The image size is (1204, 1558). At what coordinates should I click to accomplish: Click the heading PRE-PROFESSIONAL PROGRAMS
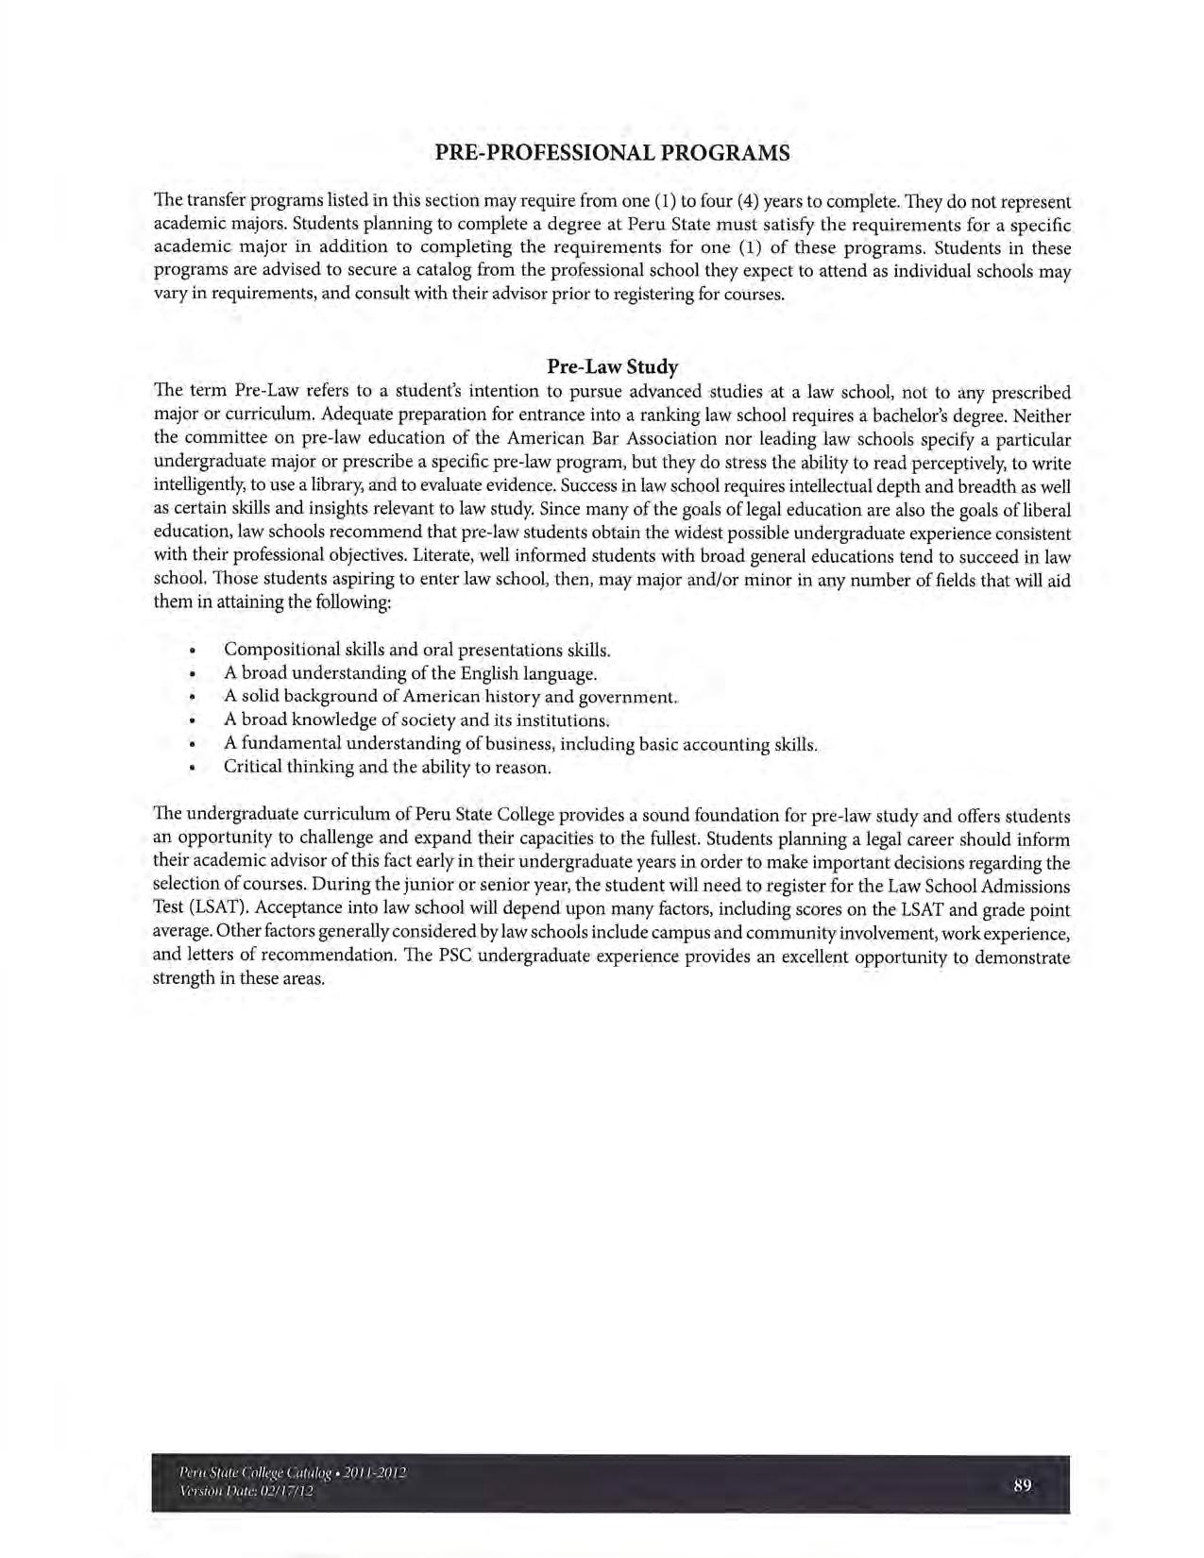tap(612, 153)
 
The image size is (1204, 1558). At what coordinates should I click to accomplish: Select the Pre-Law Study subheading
tap(612, 366)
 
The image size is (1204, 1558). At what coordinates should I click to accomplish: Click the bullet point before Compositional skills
tap(192, 651)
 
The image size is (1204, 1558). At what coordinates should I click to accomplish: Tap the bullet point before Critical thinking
tap(192, 768)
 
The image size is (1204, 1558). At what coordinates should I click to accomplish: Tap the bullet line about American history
tap(450, 698)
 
